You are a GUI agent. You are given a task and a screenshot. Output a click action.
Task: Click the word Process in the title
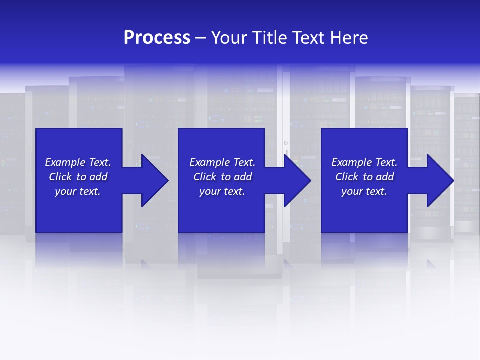click(157, 38)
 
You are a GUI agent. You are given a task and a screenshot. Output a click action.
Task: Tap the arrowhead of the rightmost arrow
click(439, 180)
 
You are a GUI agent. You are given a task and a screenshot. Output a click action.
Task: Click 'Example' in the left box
click(65, 162)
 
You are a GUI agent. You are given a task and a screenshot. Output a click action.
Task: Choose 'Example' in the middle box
click(210, 162)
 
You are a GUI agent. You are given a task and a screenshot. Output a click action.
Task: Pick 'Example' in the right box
click(352, 162)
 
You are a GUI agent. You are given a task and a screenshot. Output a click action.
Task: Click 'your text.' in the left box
click(78, 191)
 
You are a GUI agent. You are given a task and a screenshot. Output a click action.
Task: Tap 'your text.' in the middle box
click(222, 191)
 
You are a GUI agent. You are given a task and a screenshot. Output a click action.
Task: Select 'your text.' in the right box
click(364, 191)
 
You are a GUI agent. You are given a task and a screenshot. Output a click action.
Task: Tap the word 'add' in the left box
click(98, 177)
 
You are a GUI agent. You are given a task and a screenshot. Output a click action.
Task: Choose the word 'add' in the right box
click(385, 177)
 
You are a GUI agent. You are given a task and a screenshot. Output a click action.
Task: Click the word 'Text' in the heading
click(308, 38)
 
